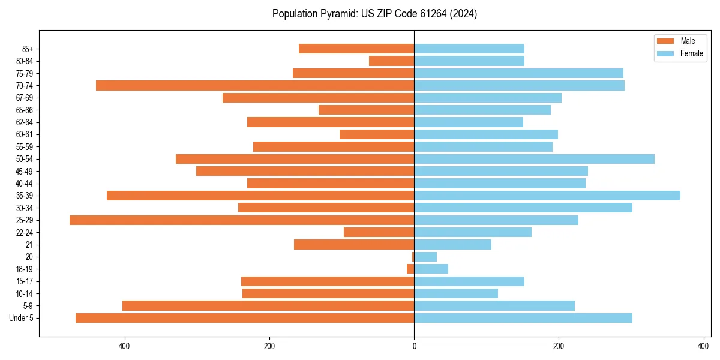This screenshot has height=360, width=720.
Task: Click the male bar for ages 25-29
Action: [x=242, y=220]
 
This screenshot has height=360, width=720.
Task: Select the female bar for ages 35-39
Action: [x=547, y=196]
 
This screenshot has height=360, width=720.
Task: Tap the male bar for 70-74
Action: [x=255, y=85]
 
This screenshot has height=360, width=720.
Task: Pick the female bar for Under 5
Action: [x=523, y=318]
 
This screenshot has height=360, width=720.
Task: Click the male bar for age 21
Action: [x=354, y=245]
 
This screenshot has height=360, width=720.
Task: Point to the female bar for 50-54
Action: [x=534, y=159]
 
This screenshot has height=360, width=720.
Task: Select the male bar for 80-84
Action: [x=391, y=61]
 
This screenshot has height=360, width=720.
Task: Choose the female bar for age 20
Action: [x=425, y=257]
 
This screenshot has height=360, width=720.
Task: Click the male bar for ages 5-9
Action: [x=268, y=306]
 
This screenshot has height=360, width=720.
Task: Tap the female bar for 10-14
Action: [x=456, y=293]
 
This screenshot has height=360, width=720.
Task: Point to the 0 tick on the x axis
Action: [x=414, y=346]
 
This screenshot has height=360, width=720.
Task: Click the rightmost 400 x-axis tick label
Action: [x=703, y=346]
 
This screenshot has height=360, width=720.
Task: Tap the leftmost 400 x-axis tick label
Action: [x=125, y=346]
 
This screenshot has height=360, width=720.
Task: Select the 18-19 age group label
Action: [x=24, y=269]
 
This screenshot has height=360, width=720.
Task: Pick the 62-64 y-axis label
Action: [x=24, y=122]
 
